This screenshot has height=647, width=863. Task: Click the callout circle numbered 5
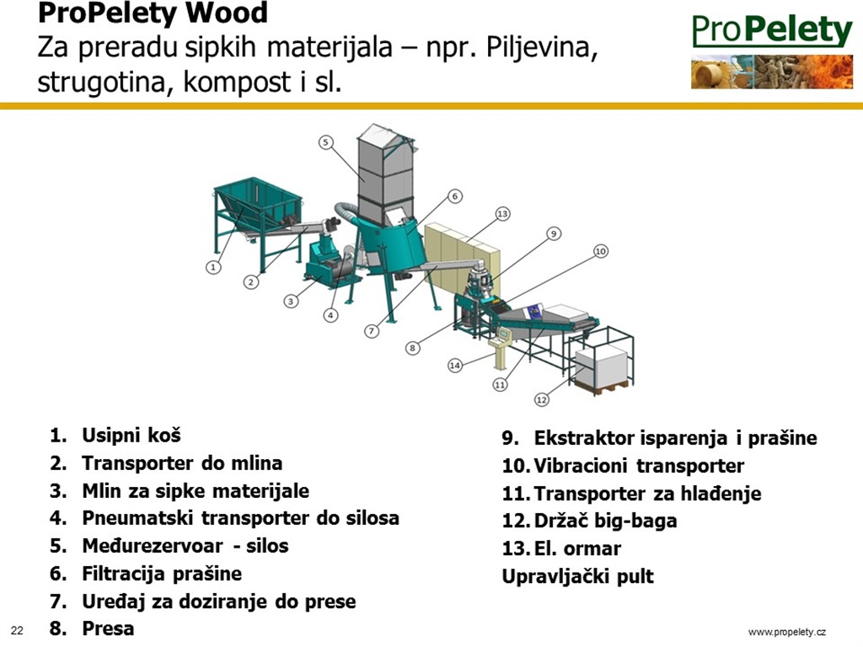coord(326,142)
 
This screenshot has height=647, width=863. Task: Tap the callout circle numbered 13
coord(502,213)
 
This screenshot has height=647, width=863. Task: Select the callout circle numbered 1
coord(213,267)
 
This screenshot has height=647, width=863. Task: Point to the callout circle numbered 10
coord(600,251)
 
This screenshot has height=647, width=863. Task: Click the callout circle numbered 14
coord(454,366)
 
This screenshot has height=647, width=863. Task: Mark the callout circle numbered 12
coord(542,399)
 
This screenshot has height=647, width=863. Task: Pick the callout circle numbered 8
coord(412,348)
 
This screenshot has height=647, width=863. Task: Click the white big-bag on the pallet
coord(602,366)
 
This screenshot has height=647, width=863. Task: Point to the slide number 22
coord(17,630)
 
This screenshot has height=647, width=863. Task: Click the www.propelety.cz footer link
coord(787,632)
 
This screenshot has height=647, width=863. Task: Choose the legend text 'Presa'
coord(108,628)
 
